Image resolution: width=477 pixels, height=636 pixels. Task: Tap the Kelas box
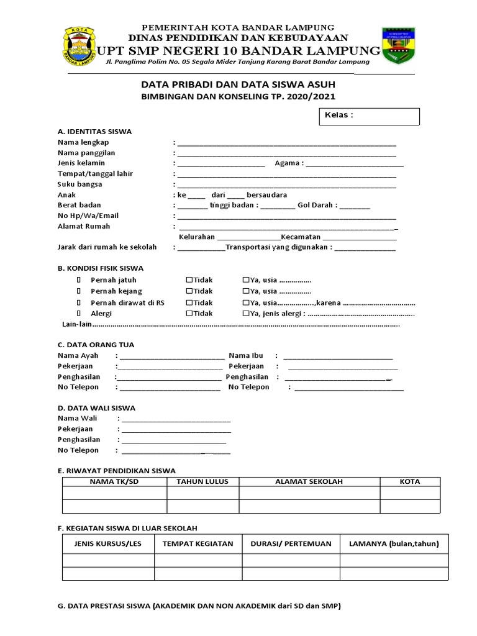click(369, 116)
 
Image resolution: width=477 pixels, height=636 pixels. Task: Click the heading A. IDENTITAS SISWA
click(94, 132)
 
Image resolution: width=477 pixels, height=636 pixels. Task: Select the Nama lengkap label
click(83, 142)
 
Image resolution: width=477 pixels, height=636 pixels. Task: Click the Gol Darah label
click(317, 205)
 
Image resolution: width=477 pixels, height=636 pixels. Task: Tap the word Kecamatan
click(301, 237)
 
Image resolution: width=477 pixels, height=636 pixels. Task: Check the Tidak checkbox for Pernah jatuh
click(189, 280)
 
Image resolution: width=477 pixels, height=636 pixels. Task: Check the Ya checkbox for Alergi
click(246, 314)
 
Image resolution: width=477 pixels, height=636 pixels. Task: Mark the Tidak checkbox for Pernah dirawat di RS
click(189, 302)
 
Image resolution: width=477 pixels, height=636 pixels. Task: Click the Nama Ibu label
click(246, 356)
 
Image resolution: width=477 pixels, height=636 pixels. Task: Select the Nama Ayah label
click(78, 356)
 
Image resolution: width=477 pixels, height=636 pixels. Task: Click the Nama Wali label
click(78, 419)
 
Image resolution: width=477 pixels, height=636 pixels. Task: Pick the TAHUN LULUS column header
click(202, 481)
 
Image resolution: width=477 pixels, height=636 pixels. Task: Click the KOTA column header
click(410, 481)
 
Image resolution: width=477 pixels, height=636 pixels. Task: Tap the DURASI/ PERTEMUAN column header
click(291, 543)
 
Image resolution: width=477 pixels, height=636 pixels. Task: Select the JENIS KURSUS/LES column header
click(108, 543)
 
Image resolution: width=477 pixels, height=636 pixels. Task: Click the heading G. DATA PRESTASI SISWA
click(199, 606)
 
